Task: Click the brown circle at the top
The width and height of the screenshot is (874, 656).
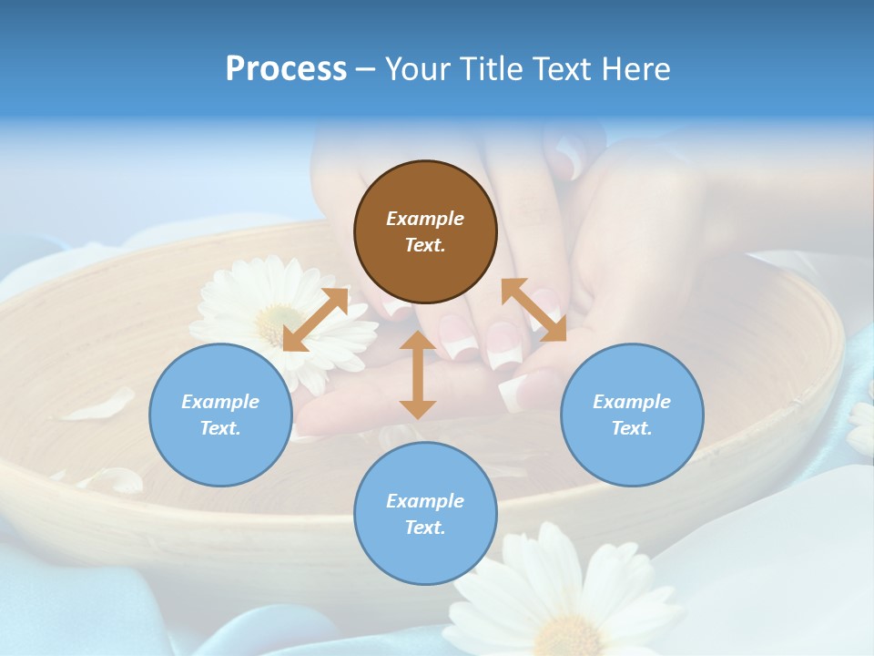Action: (x=425, y=232)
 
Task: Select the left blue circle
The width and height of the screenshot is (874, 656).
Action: (x=220, y=415)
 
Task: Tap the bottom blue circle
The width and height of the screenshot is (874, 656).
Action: (x=425, y=514)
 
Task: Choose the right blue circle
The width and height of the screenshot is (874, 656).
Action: (x=631, y=415)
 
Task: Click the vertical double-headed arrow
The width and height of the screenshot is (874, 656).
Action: (x=418, y=374)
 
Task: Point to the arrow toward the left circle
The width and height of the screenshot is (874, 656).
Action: (x=316, y=319)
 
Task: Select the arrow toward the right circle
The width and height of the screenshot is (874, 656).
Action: (x=534, y=310)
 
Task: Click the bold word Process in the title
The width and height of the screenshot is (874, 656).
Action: (x=286, y=69)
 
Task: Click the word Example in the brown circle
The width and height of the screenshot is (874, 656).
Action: (x=425, y=219)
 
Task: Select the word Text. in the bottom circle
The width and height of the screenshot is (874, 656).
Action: (x=425, y=528)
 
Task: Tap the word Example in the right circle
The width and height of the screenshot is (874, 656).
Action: (x=631, y=402)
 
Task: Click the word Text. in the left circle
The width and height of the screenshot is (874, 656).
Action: (x=220, y=428)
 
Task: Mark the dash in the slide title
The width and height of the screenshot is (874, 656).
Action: (x=365, y=69)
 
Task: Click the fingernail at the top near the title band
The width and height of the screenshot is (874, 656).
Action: (x=570, y=159)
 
